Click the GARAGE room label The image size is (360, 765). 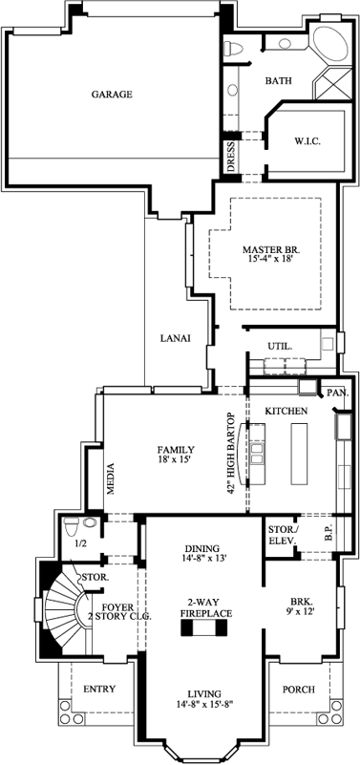click(x=112, y=95)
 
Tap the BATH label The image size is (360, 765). click(x=278, y=81)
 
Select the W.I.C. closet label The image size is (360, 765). click(x=307, y=141)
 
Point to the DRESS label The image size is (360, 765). click(x=230, y=156)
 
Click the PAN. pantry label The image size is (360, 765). click(x=336, y=393)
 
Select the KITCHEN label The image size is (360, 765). click(x=286, y=410)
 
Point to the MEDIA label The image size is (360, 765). click(x=112, y=486)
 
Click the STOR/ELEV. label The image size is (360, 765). click(x=282, y=536)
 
